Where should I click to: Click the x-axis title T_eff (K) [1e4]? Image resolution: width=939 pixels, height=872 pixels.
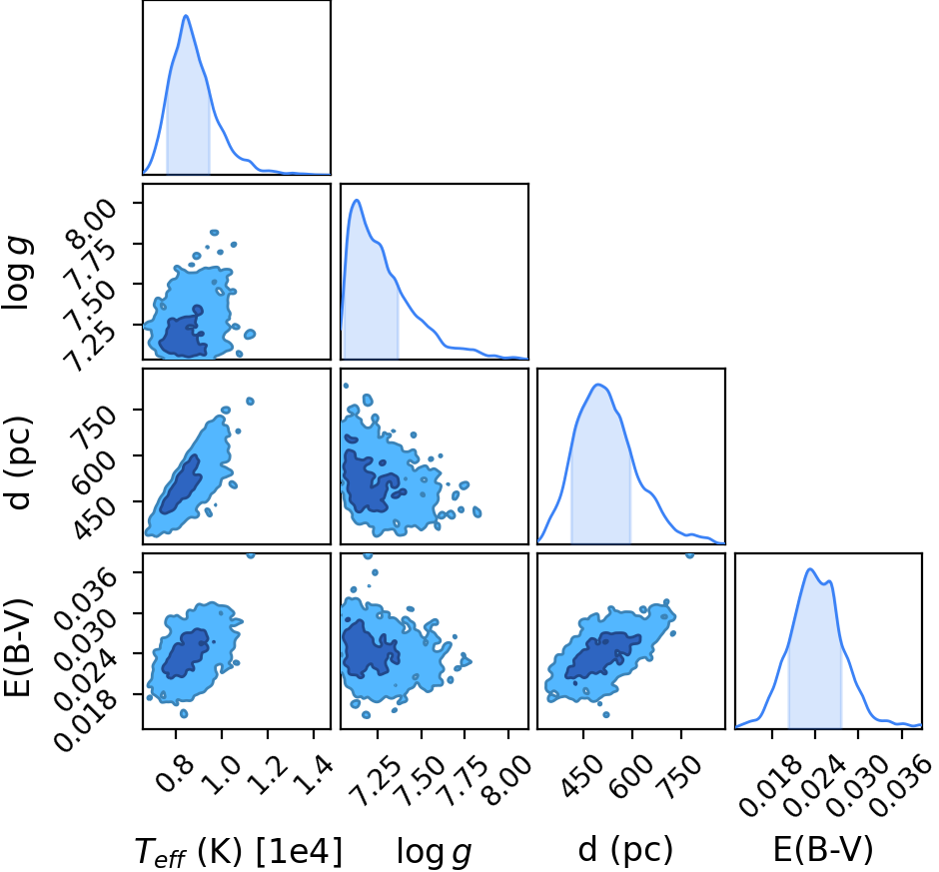click(239, 851)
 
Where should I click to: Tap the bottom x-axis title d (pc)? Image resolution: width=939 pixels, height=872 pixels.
click(625, 850)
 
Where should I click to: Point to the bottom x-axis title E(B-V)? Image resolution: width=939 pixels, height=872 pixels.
click(823, 850)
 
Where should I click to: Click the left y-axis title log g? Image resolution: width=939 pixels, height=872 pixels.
click(17, 273)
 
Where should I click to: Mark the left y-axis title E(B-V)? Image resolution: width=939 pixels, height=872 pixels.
click(17, 647)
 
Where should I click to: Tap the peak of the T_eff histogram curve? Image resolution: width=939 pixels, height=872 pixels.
click(186, 15)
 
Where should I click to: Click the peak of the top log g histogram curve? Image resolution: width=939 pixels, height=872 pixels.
click(357, 200)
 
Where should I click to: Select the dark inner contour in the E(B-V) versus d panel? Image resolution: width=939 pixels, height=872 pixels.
click(601, 656)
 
